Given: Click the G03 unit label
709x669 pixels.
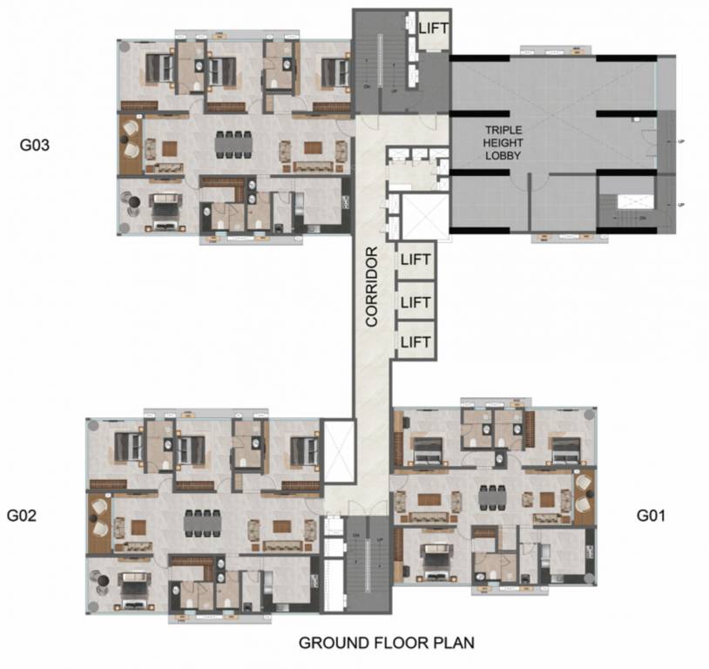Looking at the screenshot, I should [x=35, y=145].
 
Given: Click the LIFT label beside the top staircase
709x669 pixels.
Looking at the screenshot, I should [x=433, y=28].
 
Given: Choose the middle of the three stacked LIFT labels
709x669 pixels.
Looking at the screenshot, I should [x=415, y=301].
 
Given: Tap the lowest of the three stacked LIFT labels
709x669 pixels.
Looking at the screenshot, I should [x=415, y=341].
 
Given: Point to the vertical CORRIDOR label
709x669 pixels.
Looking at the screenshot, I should [x=371, y=287].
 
